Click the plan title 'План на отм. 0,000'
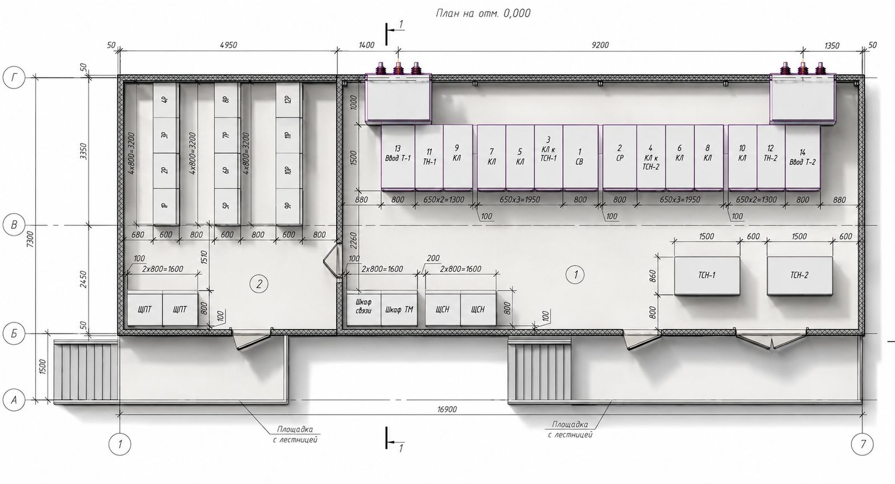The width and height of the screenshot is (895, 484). coord(483,13)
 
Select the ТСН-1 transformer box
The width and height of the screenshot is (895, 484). coord(707,276)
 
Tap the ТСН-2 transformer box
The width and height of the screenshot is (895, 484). coord(799,276)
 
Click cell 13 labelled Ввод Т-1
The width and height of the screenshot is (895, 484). coord(398,157)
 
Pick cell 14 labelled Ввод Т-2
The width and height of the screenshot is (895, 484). coord(803,157)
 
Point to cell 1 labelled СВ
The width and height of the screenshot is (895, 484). coord(580,157)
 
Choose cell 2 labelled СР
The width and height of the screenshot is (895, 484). coord(620,157)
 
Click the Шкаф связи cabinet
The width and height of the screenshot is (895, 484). coord(364,309)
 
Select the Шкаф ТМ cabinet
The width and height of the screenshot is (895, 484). coord(399,309)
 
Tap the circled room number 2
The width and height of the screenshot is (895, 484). coord(259,284)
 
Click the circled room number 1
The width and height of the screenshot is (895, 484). coord(576,274)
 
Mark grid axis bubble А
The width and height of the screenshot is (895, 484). coord(14,400)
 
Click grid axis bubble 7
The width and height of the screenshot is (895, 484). coord(863,444)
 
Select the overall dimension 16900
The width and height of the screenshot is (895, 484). coord(447,409)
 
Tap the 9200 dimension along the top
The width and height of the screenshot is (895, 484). coord(600,45)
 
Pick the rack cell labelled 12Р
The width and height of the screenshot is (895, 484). coord(289,100)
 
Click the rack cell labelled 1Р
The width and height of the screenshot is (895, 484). coord(166,206)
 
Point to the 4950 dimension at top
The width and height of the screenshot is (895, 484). coord(228,45)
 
